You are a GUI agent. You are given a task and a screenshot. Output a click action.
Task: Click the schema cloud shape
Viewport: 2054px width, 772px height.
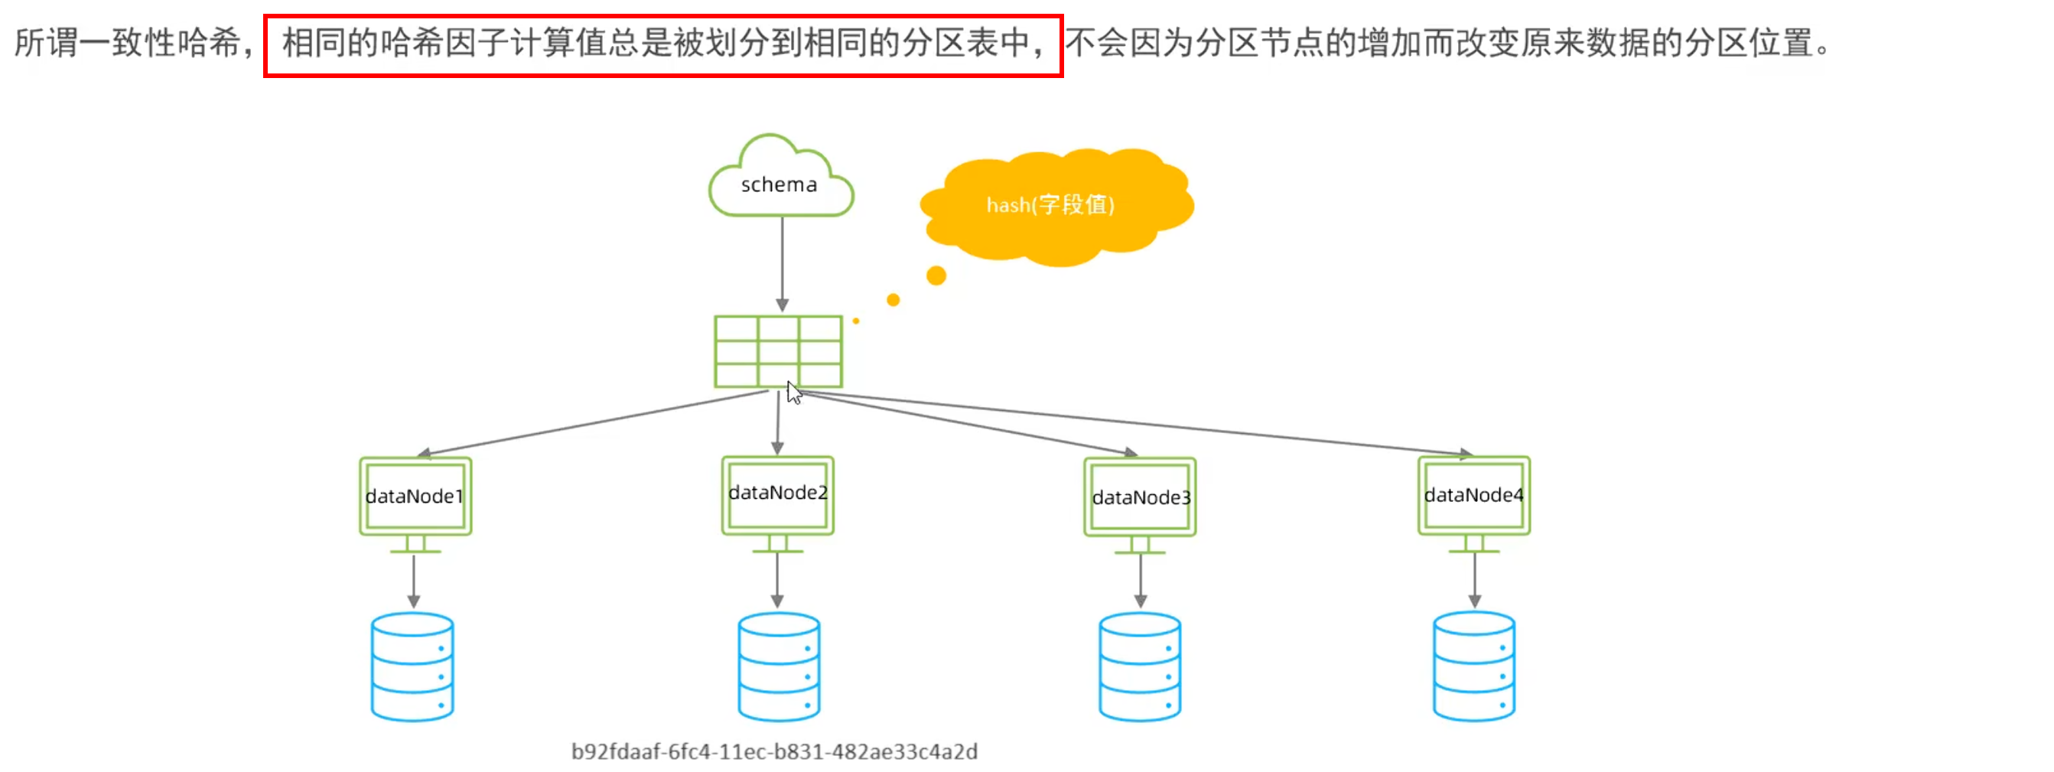pyautogui.click(x=780, y=181)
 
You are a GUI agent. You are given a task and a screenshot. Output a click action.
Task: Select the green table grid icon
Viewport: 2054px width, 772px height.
pyautogui.click(x=777, y=352)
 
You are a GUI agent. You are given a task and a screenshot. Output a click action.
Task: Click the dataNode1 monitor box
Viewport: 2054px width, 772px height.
pyautogui.click(x=415, y=496)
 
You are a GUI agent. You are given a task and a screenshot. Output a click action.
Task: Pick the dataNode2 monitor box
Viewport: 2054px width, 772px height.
pyautogui.click(x=777, y=494)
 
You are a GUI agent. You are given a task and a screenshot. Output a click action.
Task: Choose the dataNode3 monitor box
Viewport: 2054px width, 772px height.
pyautogui.click(x=1141, y=497)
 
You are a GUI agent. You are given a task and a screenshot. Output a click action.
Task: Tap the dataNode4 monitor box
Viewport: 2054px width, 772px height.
pyautogui.click(x=1473, y=495)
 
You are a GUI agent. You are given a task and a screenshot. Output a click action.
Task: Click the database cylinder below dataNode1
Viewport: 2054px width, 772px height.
pyautogui.click(x=412, y=666)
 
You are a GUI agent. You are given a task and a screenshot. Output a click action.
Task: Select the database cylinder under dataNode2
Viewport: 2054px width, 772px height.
pyautogui.click(x=779, y=666)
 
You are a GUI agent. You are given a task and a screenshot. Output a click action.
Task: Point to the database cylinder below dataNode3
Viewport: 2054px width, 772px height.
pyautogui.click(x=1139, y=666)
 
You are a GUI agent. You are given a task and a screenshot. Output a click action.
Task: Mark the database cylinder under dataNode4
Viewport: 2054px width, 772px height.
pyautogui.click(x=1473, y=666)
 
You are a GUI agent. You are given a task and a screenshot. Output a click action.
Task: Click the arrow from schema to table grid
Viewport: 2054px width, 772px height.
pyautogui.click(x=783, y=263)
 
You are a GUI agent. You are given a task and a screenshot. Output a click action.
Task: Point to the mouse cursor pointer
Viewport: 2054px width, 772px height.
pyautogui.click(x=793, y=393)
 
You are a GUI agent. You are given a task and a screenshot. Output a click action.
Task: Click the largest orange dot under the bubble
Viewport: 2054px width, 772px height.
pyautogui.click(x=936, y=276)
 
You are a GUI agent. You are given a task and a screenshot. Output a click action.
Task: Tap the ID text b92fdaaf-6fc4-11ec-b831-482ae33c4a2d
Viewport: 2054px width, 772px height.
pyautogui.click(x=774, y=751)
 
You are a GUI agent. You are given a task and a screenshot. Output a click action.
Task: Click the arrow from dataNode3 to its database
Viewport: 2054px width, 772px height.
pyautogui.click(x=1141, y=581)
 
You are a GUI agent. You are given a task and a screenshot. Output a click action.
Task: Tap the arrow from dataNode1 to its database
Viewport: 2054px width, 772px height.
pyautogui.click(x=414, y=581)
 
